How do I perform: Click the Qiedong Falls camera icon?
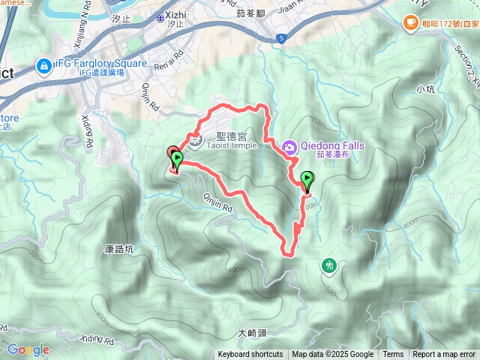coord(290,147)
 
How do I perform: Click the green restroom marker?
coord(329,265)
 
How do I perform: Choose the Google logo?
coord(28,349)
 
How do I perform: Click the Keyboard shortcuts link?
coord(250,355)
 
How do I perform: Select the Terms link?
coord(393,355)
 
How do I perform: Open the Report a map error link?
coord(445,355)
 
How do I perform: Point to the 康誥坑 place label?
coord(118,248)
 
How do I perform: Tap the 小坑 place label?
coord(424,89)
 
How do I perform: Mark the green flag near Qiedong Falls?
coord(307,179)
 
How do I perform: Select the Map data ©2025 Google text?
coord(333,355)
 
